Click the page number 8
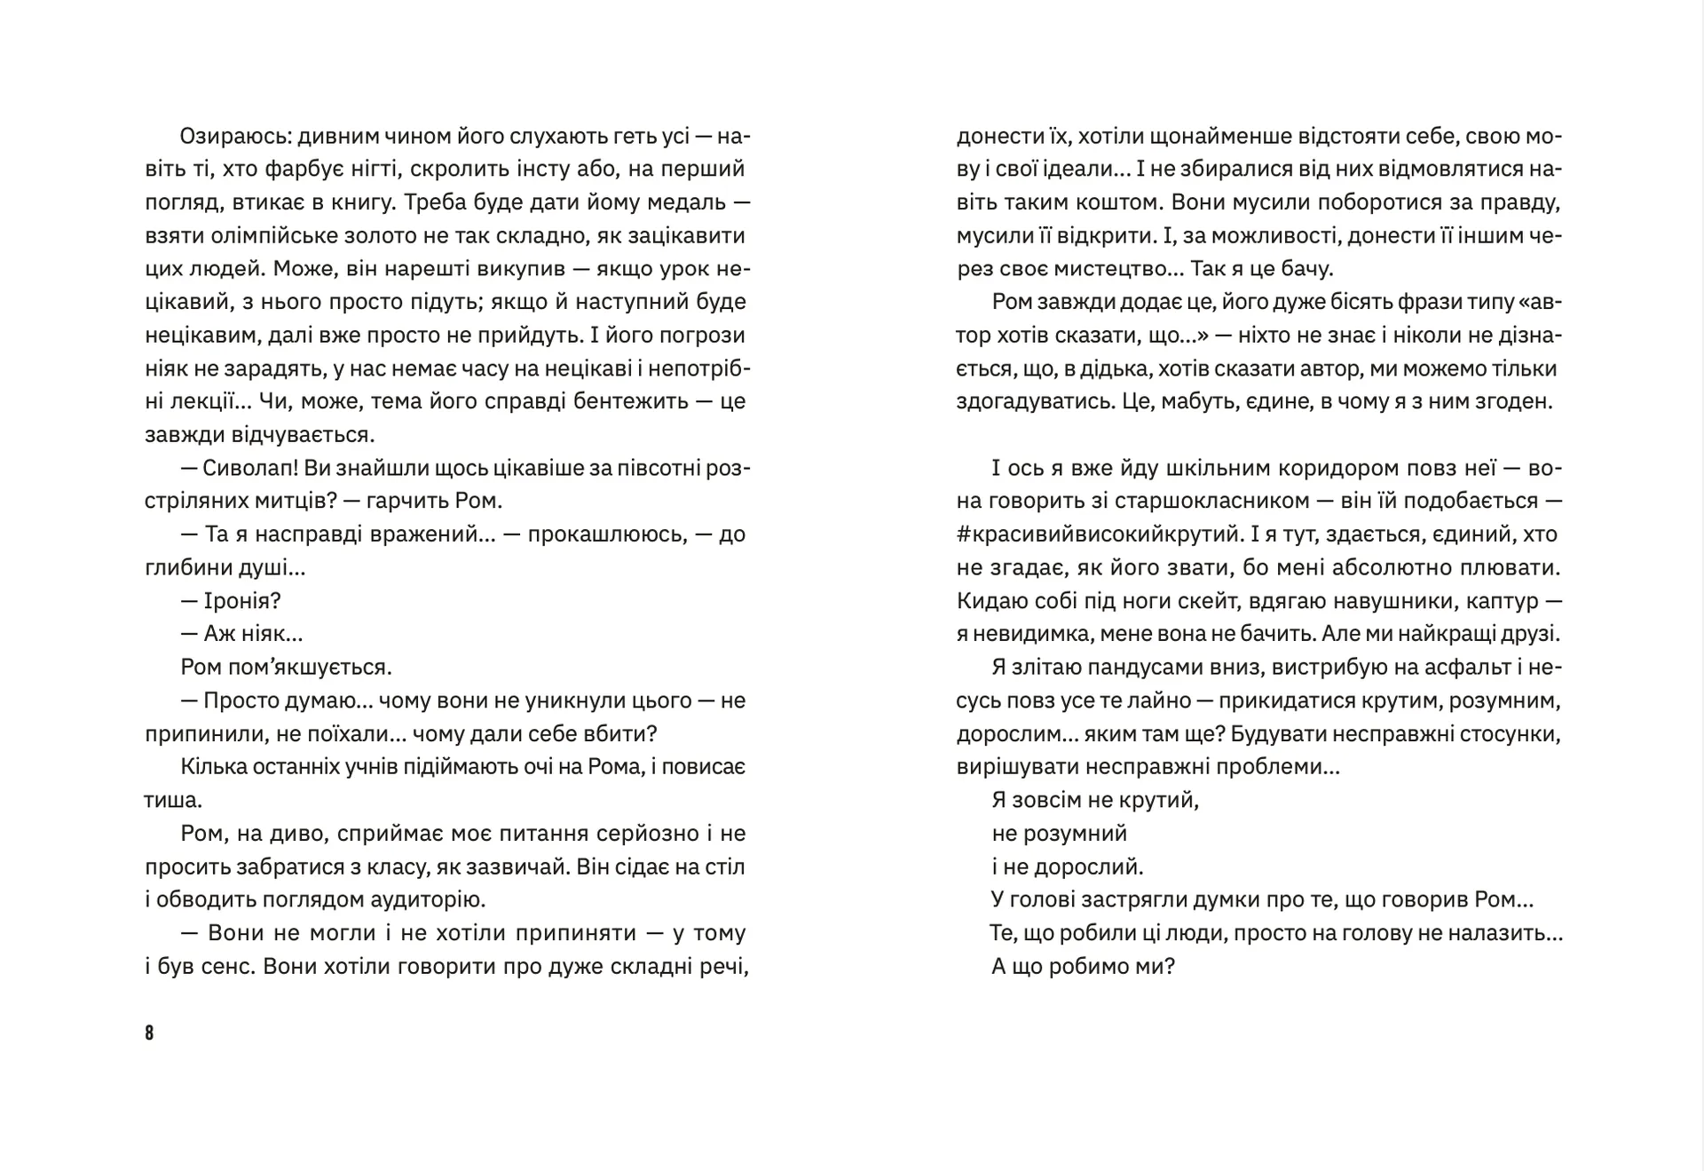click(149, 1033)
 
